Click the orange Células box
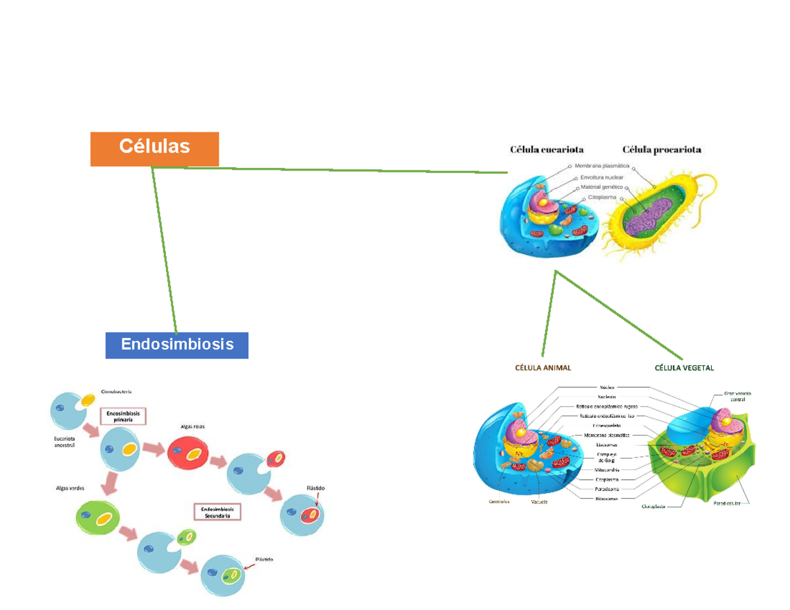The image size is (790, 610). (x=154, y=147)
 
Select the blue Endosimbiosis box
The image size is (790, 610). (x=176, y=344)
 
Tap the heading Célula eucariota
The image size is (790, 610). (x=546, y=149)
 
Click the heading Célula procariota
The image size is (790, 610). (x=662, y=149)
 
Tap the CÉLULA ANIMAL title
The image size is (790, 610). (x=542, y=369)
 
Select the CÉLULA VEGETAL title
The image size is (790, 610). (x=684, y=369)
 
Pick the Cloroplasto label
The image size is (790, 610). (x=654, y=507)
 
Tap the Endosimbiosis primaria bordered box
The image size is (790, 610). (x=123, y=415)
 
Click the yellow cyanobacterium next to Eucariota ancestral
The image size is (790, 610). (x=88, y=400)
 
